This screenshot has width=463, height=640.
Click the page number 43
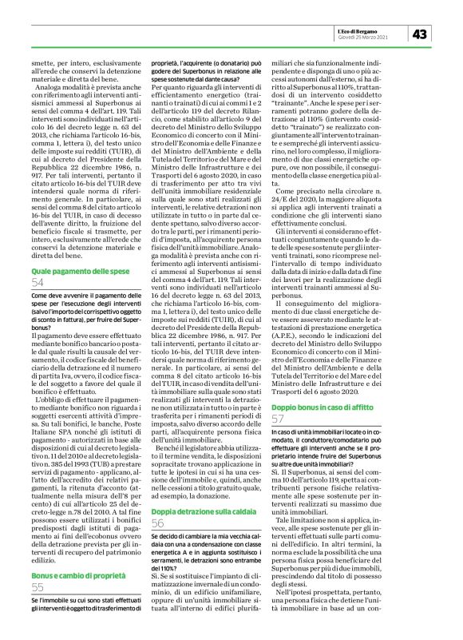[421, 34]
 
